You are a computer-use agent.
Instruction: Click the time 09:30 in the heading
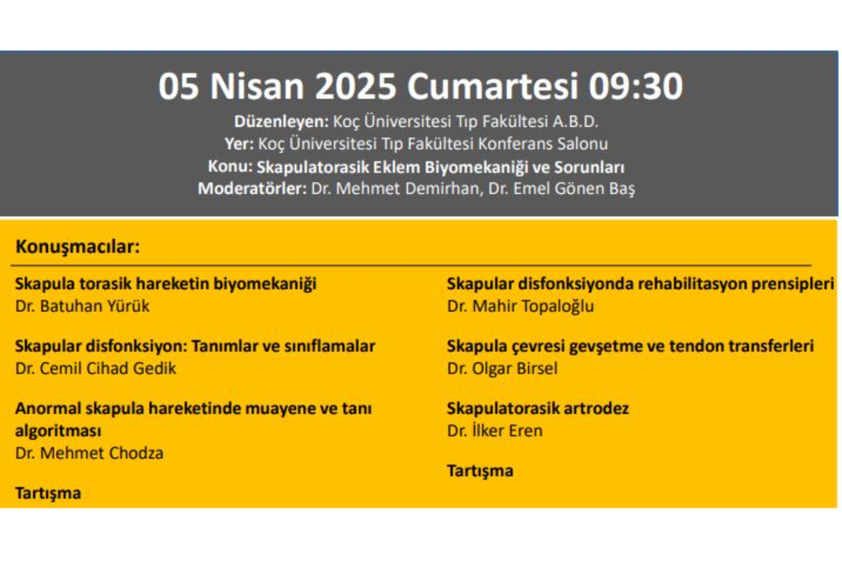coord(635,86)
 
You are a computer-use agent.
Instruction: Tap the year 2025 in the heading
coord(356,86)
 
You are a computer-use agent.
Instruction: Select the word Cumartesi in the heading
coord(492,86)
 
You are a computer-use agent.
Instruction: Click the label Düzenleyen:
coord(281,121)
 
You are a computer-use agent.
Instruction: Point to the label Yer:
coord(239,144)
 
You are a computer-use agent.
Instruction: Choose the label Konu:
coord(230,167)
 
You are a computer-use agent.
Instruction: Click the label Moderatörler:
coord(252,188)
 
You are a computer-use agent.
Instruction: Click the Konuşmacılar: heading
coord(78,247)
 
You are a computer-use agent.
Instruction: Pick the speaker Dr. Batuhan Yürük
coord(82,306)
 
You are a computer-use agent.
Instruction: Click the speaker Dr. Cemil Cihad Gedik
coord(96,368)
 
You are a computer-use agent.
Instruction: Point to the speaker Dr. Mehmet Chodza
coord(89,453)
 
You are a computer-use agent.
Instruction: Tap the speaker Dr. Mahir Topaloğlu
coord(520,306)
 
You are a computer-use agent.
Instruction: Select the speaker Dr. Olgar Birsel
coord(502,369)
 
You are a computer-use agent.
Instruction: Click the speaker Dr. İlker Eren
coord(495,430)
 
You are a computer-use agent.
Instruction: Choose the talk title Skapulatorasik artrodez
coord(538,408)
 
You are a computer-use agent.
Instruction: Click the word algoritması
coord(58,431)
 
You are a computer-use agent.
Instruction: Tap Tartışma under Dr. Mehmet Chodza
coord(48,494)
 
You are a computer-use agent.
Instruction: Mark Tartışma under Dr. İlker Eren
coord(480,471)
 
